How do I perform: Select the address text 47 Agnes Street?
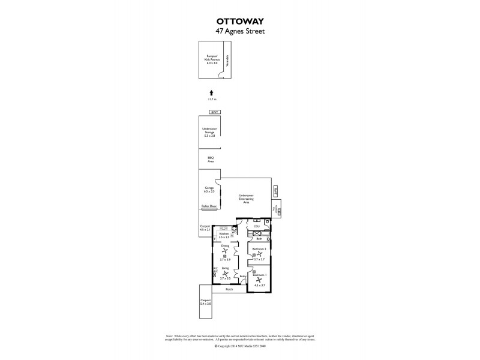click(240, 31)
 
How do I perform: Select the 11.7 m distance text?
click(211, 99)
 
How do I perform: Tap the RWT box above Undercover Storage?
click(214, 113)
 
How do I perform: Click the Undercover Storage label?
click(209, 133)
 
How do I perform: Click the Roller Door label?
click(209, 206)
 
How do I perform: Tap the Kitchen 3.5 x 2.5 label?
click(224, 236)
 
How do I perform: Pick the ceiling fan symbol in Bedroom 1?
click(259, 280)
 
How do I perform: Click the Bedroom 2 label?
click(259, 248)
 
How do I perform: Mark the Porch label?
click(229, 289)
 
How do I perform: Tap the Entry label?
click(242, 276)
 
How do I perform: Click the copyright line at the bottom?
click(240, 346)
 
